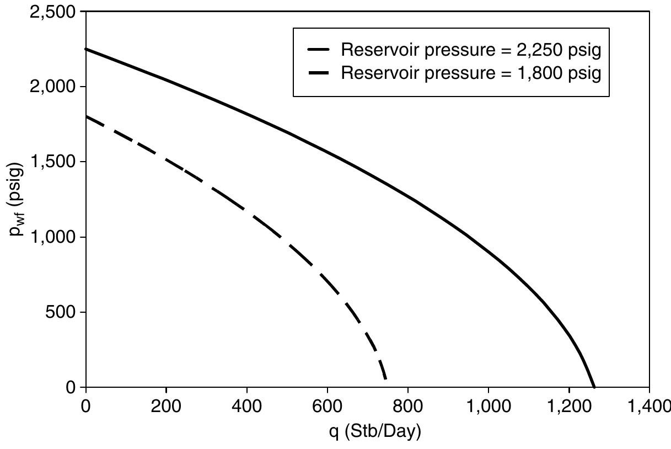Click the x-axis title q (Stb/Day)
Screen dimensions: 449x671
367,432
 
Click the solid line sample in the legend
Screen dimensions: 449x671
319,50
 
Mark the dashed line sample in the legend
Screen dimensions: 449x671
319,73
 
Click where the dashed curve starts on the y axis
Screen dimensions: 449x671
87,116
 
